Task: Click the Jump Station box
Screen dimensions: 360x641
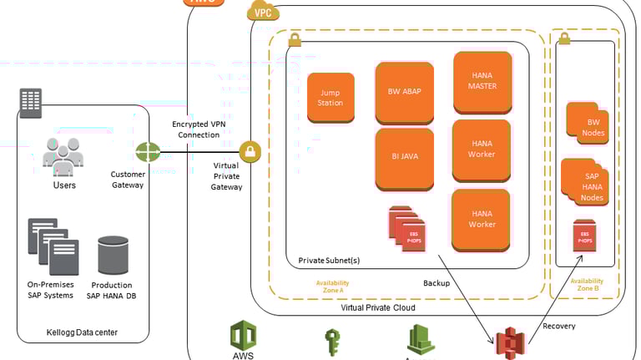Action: [x=331, y=97]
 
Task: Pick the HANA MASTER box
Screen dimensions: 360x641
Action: [x=482, y=81]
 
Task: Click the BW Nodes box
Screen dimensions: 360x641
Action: [x=588, y=122]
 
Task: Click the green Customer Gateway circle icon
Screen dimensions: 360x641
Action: [x=148, y=153]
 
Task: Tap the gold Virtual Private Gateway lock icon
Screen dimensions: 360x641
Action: [x=250, y=153]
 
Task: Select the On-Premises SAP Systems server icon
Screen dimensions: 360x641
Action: [x=53, y=247]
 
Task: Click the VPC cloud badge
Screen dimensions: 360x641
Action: [x=263, y=11]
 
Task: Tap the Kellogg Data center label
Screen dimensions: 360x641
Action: [x=82, y=333]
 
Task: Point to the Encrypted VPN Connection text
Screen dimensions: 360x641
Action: [x=199, y=129]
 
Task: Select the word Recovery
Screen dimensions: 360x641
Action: [x=558, y=326]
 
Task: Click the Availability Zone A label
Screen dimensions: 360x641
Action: [x=332, y=286]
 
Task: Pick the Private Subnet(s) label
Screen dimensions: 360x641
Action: [x=329, y=261]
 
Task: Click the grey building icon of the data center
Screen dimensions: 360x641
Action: [x=31, y=104]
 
